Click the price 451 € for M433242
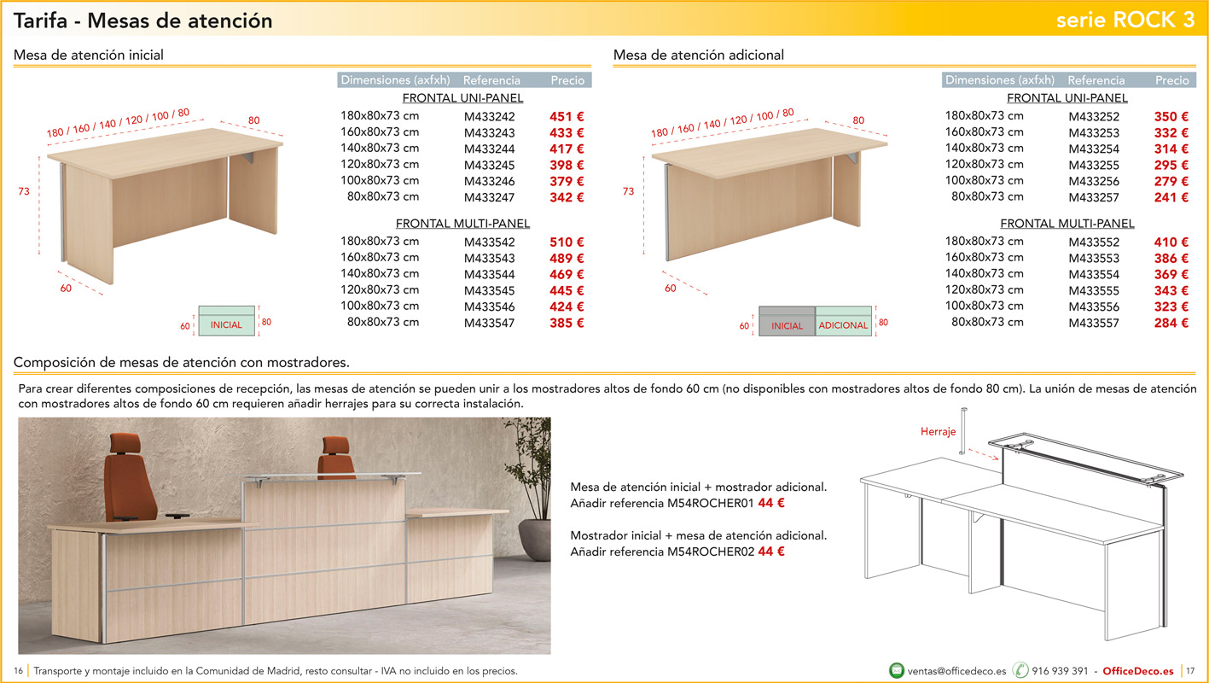coord(567,117)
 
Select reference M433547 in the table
coord(489,323)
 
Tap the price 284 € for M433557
coord(1171,323)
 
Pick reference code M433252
coord(1094,117)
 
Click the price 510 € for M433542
coord(567,242)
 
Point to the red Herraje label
coord(938,431)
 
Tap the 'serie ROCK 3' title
coord(1125,20)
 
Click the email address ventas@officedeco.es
coord(956,671)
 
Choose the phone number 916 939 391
coord(1060,671)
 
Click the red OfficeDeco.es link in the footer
coord(1137,671)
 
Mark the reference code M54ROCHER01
coord(710,503)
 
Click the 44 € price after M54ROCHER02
coord(771,552)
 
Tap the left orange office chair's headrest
coord(125,443)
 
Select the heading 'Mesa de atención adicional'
coord(699,55)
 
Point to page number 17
coord(1190,671)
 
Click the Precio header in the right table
coord(1171,80)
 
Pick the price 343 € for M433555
coord(1171,291)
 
